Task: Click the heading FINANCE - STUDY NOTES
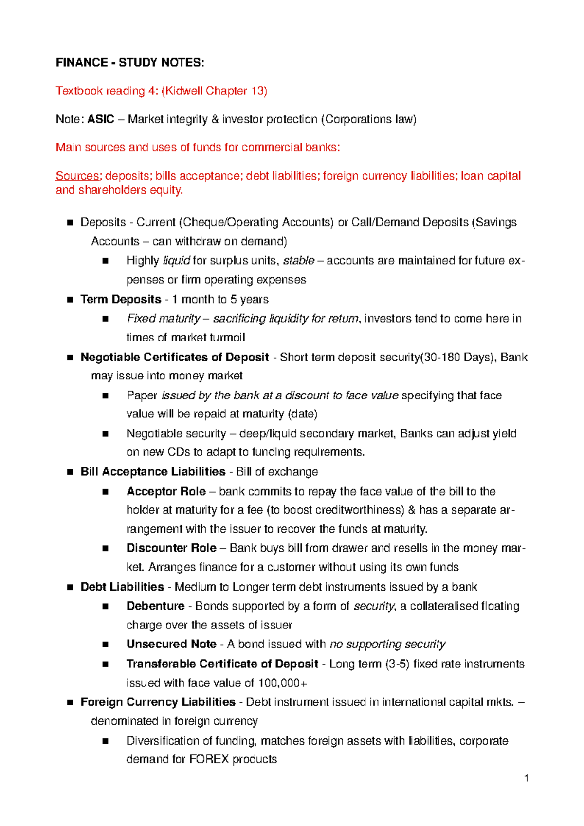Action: pos(130,63)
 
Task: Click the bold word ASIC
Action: pos(100,119)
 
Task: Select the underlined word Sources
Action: pos(77,176)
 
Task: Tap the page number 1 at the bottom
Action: pos(527,778)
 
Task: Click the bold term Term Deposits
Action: pos(121,299)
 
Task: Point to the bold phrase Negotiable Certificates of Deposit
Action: pos(174,357)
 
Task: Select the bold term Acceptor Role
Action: pos(166,491)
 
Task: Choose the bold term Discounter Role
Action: pos(171,548)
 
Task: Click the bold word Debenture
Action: pos(155,606)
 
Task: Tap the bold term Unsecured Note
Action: pos(171,644)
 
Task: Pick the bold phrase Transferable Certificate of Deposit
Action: pos(222,664)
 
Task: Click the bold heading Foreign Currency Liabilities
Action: pos(158,702)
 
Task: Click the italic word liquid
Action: pos(176,261)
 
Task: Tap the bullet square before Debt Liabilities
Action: pos(70,587)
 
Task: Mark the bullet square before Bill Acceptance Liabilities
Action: pos(70,472)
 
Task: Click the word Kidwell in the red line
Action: pos(184,91)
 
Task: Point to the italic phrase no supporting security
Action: pos(387,644)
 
